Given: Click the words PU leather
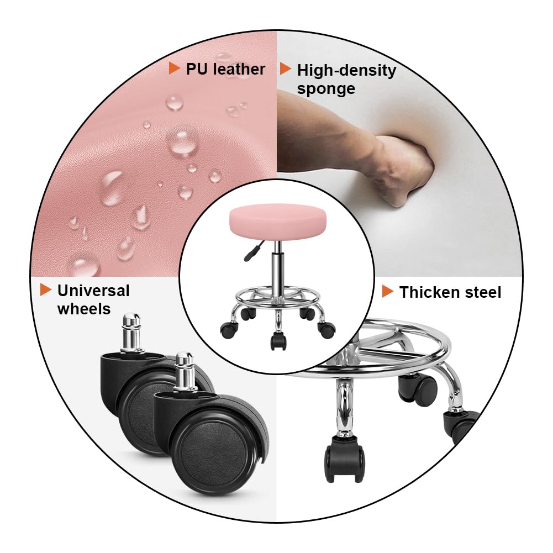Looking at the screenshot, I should coord(225,69).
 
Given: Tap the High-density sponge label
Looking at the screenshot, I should coord(346,79).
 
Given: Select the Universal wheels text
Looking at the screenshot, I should coord(93,299).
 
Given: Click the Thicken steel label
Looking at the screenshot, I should coord(450,292).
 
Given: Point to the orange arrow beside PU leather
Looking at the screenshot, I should coord(175,69).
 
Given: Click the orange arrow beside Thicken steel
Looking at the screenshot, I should coord(388,291).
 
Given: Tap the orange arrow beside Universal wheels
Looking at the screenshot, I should coord(46,289).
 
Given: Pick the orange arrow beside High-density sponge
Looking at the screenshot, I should coord(286,69).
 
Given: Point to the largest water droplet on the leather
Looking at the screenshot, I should coord(183,140).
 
